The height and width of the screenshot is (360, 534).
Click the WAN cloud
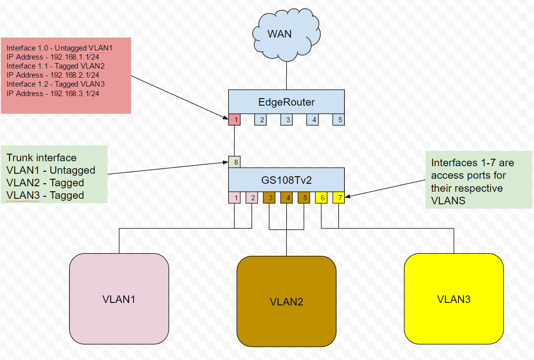286,35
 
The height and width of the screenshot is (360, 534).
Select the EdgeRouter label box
286,102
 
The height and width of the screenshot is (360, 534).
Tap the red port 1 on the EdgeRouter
235,120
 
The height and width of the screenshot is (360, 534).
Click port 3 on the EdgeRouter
287,120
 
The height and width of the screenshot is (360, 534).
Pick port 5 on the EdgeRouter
339,120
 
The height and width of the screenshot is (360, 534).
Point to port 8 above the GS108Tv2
235,162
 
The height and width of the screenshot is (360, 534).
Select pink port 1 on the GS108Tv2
235,197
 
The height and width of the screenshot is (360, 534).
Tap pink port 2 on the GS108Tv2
252,197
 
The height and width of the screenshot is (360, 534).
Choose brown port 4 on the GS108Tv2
287,197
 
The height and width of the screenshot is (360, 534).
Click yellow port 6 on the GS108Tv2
321,197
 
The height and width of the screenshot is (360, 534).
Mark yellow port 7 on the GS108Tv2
339,197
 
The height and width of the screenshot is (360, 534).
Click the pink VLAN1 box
119,299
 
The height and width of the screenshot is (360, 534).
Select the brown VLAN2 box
286,301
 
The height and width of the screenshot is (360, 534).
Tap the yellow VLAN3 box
453,299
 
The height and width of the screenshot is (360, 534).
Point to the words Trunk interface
42,158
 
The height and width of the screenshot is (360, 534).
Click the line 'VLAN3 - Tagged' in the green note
45,195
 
